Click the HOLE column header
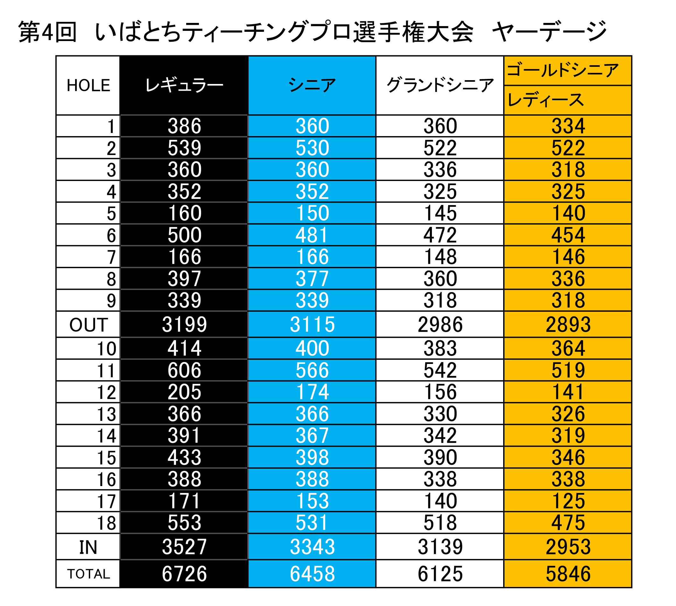coord(88,86)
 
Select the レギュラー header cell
coord(184,86)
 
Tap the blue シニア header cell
coord(312,86)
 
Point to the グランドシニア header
coord(440,86)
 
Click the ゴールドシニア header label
coord(562,71)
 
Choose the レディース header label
coord(546,100)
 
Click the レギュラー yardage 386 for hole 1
coord(184,126)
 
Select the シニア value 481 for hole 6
coord(312,235)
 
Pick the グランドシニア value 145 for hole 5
coord(440,213)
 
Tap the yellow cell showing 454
coord(568,235)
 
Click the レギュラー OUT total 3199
coord(184,324)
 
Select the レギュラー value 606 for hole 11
coord(184,370)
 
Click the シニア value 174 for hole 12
coord(312,392)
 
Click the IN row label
coord(88,547)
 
